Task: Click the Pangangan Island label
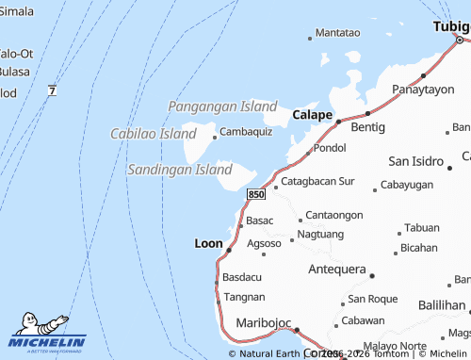tap(222, 106)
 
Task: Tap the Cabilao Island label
tap(153, 134)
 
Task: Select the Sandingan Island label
tap(179, 170)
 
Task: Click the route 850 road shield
tap(256, 193)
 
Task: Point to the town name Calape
tap(312, 114)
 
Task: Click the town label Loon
tap(208, 243)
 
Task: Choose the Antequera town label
tap(337, 269)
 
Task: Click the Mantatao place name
tap(337, 32)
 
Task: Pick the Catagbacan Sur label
tap(318, 180)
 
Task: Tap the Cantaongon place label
tap(333, 215)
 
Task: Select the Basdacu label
tap(243, 277)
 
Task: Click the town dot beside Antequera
tap(372, 276)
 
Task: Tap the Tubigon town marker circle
tap(460, 40)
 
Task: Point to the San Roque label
tap(373, 299)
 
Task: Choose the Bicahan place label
tap(418, 248)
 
